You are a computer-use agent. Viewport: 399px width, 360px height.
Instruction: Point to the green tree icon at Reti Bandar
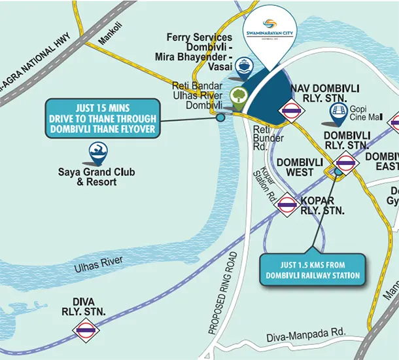(x=239, y=98)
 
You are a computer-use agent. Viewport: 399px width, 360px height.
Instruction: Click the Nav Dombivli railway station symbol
(x=290, y=113)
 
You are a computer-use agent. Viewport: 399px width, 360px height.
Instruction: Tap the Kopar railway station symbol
(x=286, y=206)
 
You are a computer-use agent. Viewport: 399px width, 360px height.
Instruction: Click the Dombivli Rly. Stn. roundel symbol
(x=346, y=162)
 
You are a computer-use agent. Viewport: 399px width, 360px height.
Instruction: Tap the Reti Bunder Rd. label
(x=268, y=138)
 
